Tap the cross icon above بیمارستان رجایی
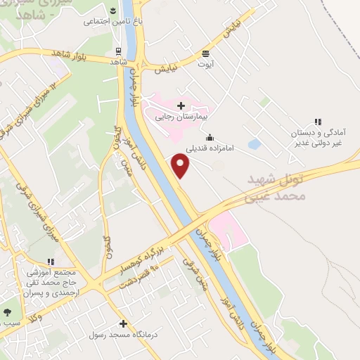coord(181,105)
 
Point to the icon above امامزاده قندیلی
coord(210,138)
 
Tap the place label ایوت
coord(206,63)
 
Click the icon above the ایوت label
coord(206,52)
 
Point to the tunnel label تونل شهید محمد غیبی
coord(277,188)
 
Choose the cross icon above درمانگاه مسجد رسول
coord(124,324)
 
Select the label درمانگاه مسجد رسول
coord(120,335)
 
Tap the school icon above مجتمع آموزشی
coord(51,261)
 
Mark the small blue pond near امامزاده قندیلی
coord(254,145)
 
